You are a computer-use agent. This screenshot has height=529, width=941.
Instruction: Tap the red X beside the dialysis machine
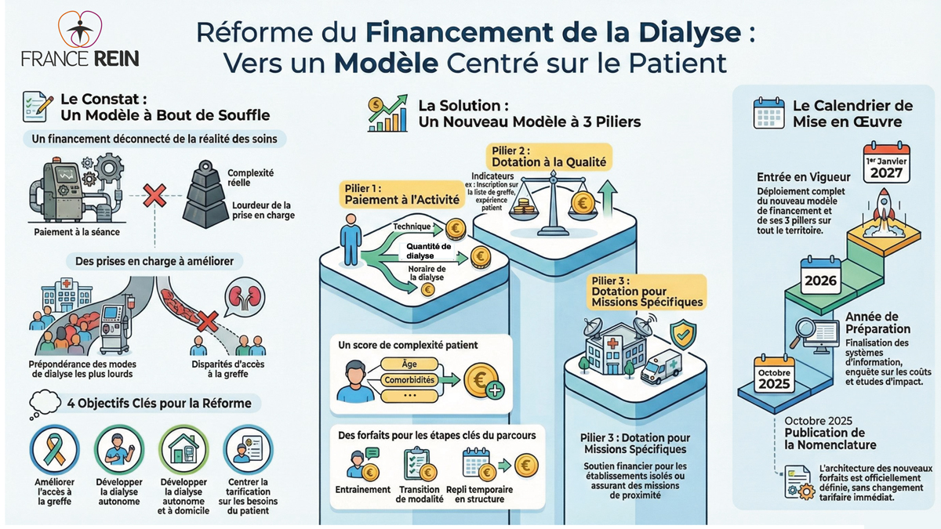154,196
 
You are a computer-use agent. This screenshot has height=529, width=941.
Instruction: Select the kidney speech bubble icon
245,301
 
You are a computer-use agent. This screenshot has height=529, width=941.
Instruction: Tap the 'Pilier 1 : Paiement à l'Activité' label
401,194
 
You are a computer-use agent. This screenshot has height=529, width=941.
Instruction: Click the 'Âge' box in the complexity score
409,364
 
